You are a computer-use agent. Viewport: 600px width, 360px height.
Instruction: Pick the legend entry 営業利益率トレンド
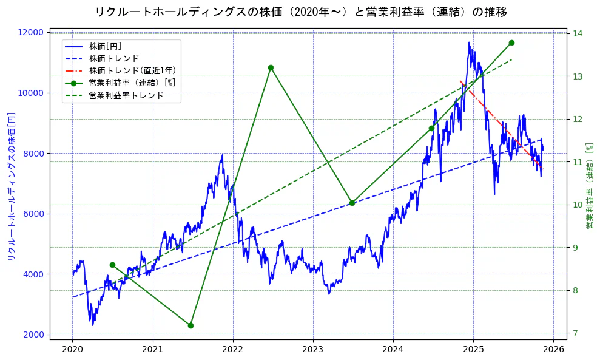click(x=126, y=95)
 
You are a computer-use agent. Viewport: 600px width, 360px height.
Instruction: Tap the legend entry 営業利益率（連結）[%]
click(x=132, y=83)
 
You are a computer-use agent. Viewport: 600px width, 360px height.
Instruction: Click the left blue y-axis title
click(x=10, y=186)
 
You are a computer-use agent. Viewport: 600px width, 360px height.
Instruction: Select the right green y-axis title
click(x=589, y=186)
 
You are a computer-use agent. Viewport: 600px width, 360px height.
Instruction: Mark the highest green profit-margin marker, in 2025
click(x=511, y=42)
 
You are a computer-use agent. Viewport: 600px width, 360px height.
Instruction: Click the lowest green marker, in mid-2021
click(x=190, y=325)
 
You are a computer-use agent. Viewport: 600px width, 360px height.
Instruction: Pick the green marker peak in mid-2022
click(x=271, y=67)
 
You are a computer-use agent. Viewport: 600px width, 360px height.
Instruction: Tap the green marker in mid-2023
click(x=352, y=203)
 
